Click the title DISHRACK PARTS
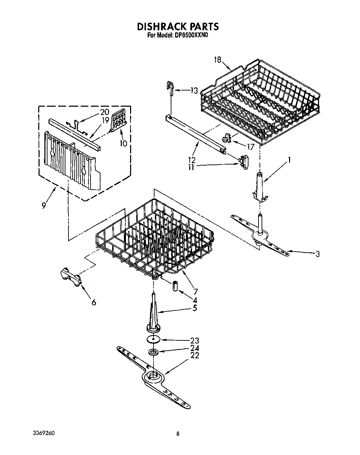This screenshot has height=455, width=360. (178, 27)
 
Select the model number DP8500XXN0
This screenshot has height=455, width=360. (187, 35)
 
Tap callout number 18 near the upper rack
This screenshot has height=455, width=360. (217, 60)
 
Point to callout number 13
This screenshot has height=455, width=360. (194, 91)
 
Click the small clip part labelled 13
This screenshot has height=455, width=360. (170, 87)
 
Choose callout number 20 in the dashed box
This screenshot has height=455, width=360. (104, 112)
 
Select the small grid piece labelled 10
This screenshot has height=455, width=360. (118, 122)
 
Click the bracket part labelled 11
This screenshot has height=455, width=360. (244, 162)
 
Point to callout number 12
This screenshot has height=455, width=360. (192, 160)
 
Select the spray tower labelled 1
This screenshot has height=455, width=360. (260, 186)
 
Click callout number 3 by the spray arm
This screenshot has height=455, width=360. (317, 254)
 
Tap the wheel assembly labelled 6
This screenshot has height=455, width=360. (72, 277)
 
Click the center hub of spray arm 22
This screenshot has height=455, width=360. (152, 377)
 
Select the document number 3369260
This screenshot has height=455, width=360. (42, 433)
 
